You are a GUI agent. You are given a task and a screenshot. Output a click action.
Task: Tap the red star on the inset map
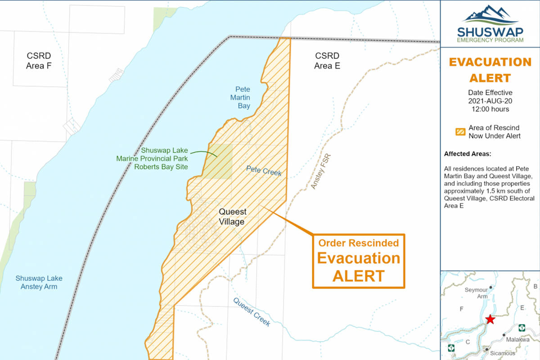[490, 319]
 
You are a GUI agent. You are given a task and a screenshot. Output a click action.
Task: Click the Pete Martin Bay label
[243, 98]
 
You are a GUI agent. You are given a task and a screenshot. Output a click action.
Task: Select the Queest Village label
[232, 216]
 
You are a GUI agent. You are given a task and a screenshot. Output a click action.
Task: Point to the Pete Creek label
[264, 170]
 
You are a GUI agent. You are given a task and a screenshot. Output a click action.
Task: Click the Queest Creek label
[252, 312]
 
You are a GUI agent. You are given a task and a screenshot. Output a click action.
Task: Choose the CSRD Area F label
[39, 61]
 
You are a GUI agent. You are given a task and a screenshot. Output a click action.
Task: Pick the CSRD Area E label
[327, 61]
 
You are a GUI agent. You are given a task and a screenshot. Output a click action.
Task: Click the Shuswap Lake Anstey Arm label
[39, 282]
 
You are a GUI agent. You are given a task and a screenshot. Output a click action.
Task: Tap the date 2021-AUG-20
[490, 101]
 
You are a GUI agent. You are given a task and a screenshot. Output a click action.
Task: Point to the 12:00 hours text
[490, 109]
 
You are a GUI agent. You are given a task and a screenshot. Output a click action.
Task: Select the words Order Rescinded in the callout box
[359, 243]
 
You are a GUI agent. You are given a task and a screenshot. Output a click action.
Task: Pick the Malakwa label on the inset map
[517, 340]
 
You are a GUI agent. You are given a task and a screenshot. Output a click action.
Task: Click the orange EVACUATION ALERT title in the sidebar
[490, 70]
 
